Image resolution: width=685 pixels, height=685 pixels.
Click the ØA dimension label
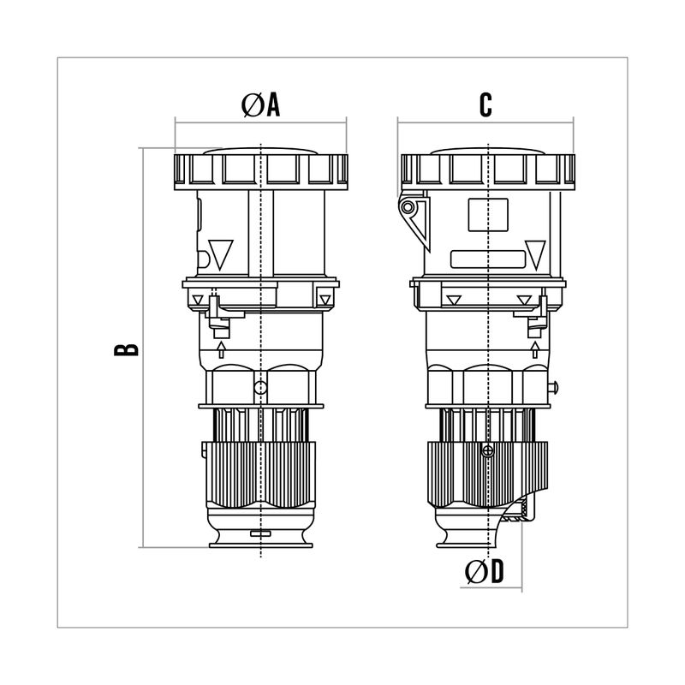click(260, 105)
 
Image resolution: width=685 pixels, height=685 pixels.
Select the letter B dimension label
click(126, 349)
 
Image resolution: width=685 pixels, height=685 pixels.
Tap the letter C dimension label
click(485, 104)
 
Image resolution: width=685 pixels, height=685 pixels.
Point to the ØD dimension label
click(484, 571)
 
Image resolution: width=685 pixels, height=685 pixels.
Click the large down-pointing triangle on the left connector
click(221, 254)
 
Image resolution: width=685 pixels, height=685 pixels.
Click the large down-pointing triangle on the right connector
click(535, 254)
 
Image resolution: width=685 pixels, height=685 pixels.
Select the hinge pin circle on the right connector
click(408, 207)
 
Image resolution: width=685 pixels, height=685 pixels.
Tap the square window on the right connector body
click(488, 215)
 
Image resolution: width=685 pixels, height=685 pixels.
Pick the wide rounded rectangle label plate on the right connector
click(487, 259)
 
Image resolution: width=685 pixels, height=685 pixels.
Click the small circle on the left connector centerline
click(260, 387)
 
